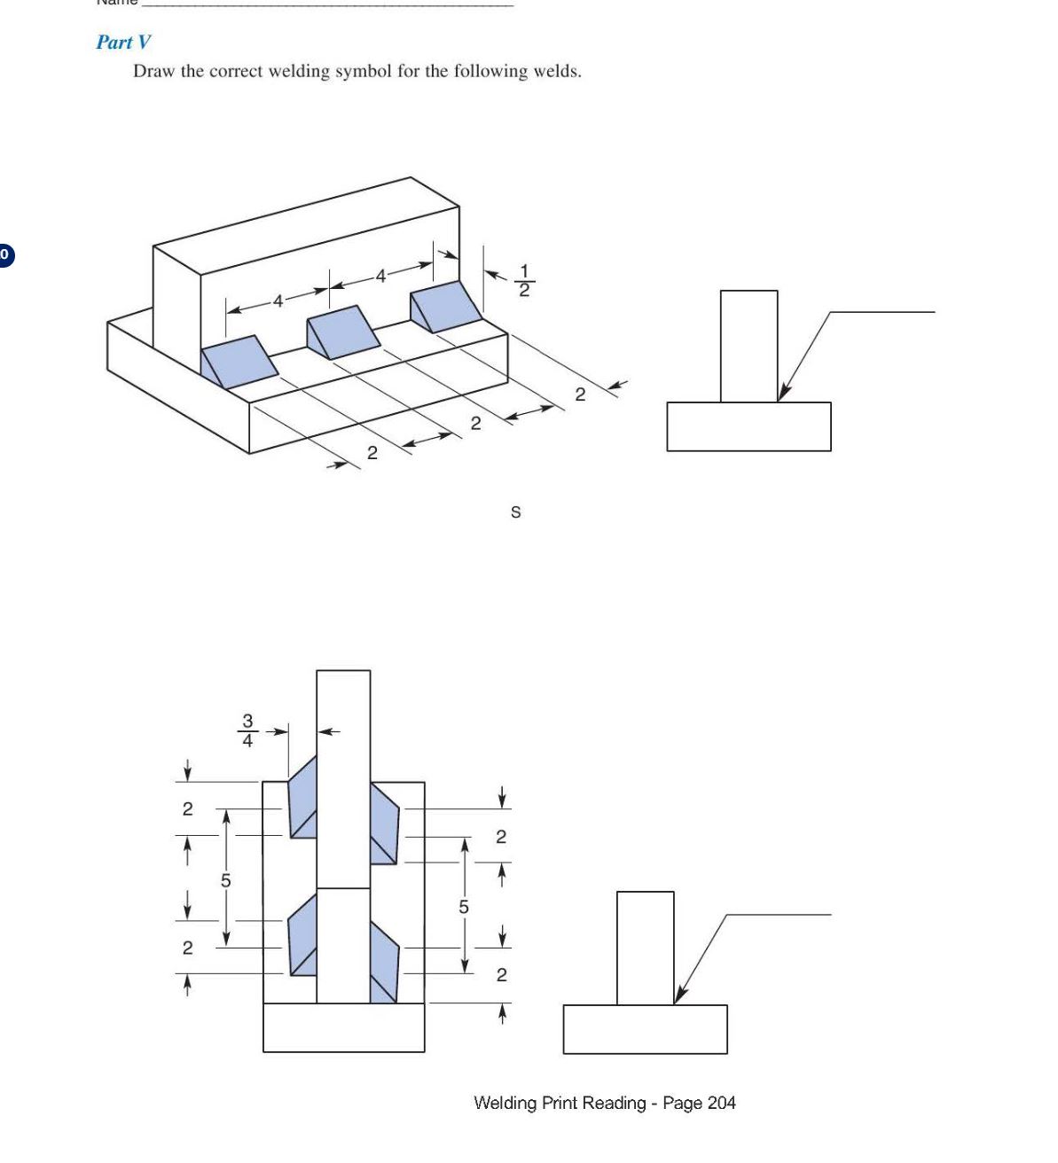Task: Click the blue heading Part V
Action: pos(123,42)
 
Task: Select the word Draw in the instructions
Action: pos(154,71)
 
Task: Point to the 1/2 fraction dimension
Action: pos(524,280)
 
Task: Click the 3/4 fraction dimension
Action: pos(247,730)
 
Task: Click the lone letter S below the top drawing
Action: pos(516,512)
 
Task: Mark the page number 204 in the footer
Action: pos(721,1103)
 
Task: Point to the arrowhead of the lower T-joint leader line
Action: pos(678,996)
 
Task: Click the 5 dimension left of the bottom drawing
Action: pos(225,880)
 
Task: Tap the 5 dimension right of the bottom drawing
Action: pos(463,907)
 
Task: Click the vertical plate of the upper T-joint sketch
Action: pos(748,346)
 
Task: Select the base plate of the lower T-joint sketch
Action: pos(645,1028)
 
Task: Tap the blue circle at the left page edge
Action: pos(4,255)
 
